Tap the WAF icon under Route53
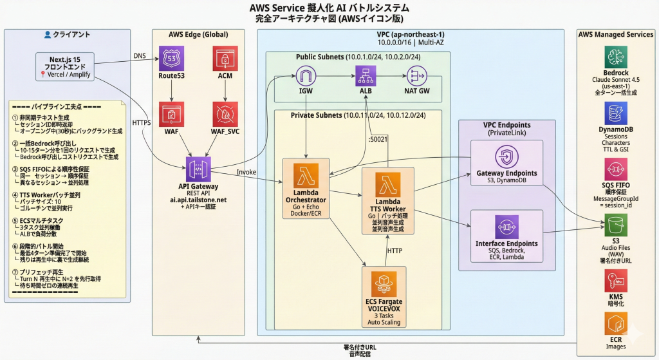pyautogui.click(x=171, y=113)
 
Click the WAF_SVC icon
pyautogui.click(x=225, y=113)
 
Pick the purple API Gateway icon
pyautogui.click(x=198, y=169)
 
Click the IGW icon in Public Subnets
pyautogui.click(x=306, y=78)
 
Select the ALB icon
pyautogui.click(x=366, y=78)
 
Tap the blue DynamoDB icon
pyautogui.click(x=615, y=114)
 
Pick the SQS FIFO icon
pyautogui.click(x=615, y=171)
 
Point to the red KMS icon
pyautogui.click(x=615, y=281)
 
